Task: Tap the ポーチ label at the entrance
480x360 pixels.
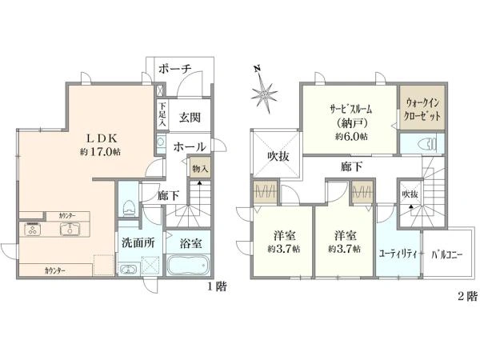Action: (174, 69)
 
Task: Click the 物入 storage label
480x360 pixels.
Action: (200, 169)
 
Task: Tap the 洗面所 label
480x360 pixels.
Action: (138, 242)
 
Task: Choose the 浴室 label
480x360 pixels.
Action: (190, 242)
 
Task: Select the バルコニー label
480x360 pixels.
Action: (450, 257)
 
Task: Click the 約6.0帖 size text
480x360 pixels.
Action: (350, 137)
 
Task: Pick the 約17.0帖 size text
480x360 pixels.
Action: (99, 152)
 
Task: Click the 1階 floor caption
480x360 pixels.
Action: (218, 287)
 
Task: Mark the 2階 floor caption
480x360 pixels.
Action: (466, 297)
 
